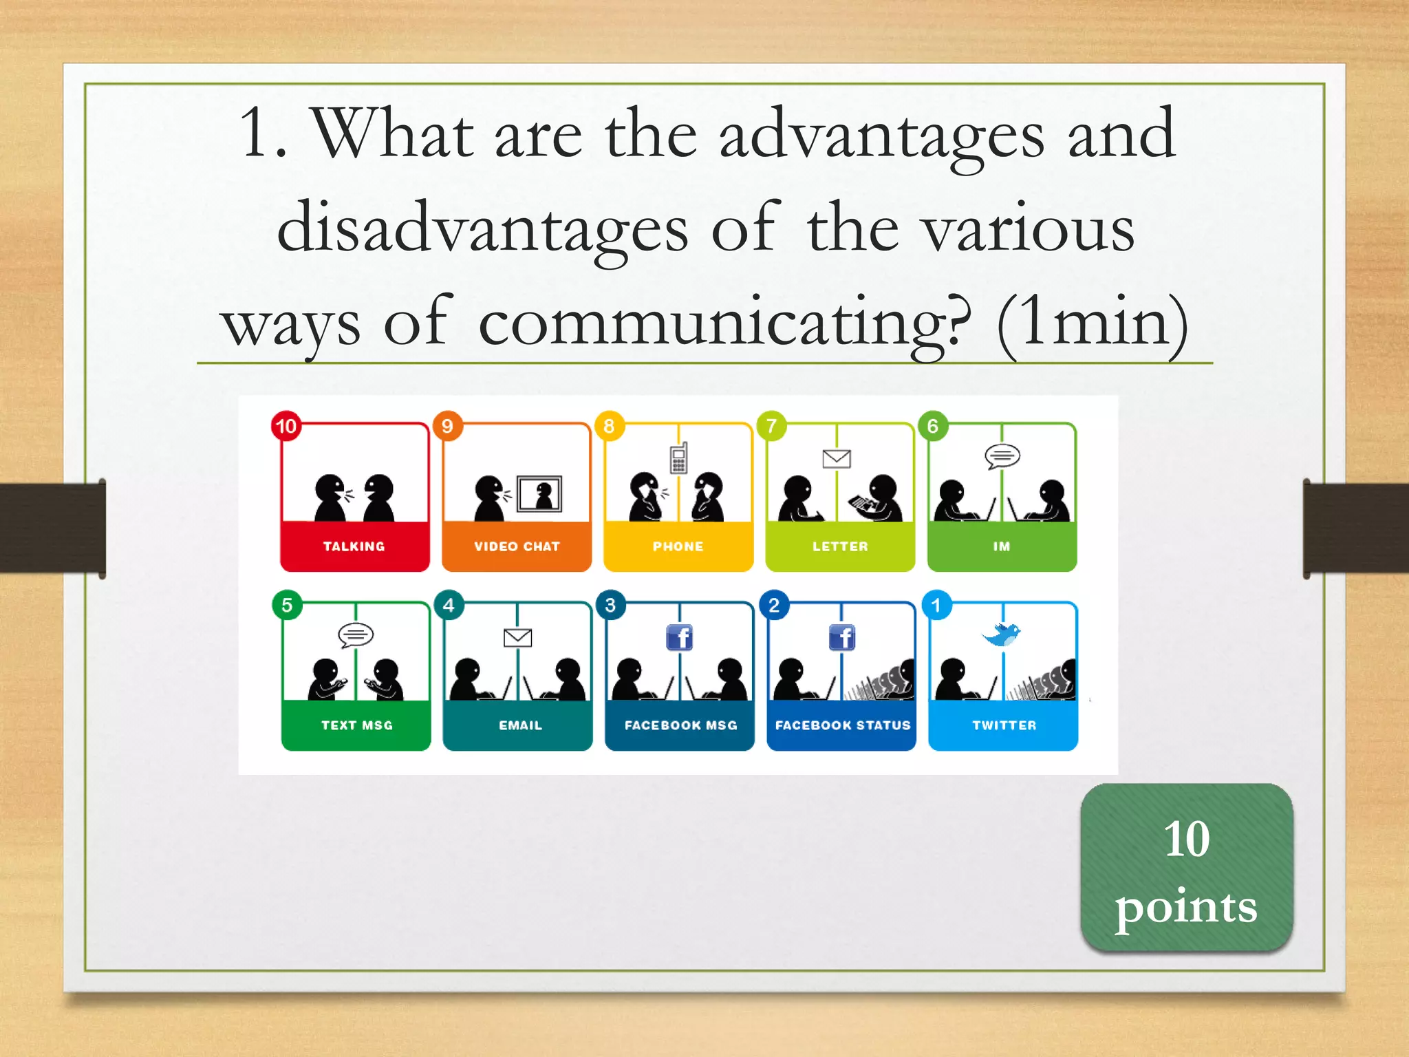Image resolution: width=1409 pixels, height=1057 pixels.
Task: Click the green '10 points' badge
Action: tap(1186, 868)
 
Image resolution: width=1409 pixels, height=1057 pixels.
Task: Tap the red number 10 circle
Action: tap(286, 427)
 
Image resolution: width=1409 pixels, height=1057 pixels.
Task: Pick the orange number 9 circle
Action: tap(448, 427)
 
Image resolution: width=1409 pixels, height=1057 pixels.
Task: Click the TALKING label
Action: tap(354, 546)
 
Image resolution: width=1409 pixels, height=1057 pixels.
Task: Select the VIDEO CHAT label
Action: tap(517, 546)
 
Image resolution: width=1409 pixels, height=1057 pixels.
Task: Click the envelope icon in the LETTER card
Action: tap(837, 459)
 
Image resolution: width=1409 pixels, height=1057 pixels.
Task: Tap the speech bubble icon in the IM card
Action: tap(1002, 456)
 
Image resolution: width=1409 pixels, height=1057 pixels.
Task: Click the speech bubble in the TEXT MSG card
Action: tap(356, 635)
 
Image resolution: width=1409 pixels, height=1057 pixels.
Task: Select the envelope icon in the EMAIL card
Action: tap(517, 638)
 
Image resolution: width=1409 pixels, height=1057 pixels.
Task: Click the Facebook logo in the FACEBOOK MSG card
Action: tap(680, 638)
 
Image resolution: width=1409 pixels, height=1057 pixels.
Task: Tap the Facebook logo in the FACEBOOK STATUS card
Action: tap(842, 638)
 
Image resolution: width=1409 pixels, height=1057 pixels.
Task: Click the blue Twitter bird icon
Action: tap(1002, 634)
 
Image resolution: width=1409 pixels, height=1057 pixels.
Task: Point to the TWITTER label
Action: tap(1004, 725)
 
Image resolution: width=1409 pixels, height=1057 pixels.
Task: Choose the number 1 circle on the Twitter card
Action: tap(936, 606)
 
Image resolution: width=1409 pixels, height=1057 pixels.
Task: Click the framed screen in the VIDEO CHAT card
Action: tap(539, 493)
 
